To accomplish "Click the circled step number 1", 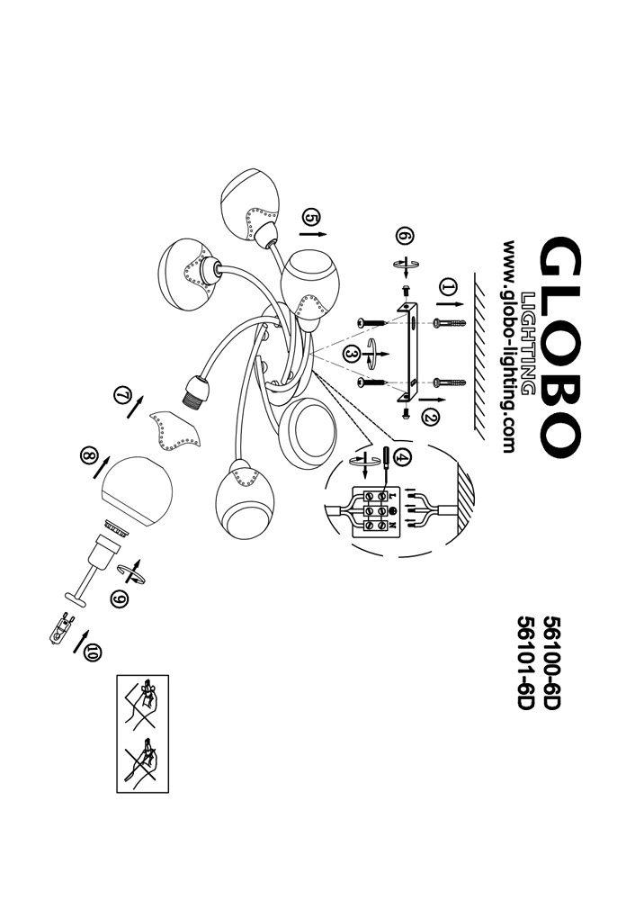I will point(449,288).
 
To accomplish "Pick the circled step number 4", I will point(402,456).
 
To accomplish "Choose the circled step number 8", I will point(88,456).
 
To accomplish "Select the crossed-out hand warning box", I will point(143,733).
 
